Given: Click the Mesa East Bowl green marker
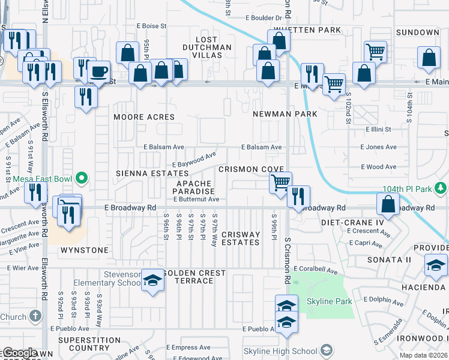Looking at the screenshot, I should tap(82, 178).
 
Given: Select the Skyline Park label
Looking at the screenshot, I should tap(330, 301).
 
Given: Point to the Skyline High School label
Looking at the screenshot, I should tap(280, 350).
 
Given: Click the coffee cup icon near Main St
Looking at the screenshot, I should tap(99, 72).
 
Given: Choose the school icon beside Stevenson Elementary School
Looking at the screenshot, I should tap(152, 281).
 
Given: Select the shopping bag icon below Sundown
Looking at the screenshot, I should tap(429, 59).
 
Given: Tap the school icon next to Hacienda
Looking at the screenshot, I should tap(436, 265).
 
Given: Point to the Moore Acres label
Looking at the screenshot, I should tap(144, 117).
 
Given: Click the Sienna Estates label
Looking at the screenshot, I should tap(144, 173).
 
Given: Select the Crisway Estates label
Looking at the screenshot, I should tap(241, 238).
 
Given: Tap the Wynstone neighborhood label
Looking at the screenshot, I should tap(85, 250).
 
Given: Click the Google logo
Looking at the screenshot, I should tap(19, 353).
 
